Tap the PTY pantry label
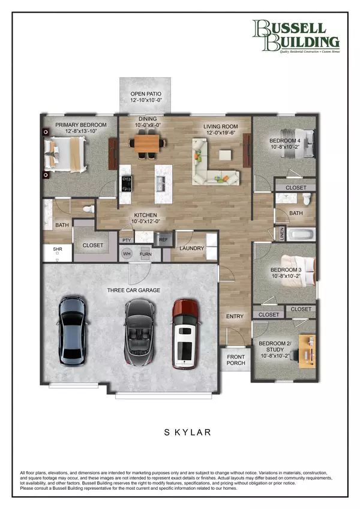point(127,240)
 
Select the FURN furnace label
point(146,254)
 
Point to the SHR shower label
point(58,249)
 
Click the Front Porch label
point(235,360)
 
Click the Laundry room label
point(191,248)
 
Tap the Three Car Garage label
point(134,290)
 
